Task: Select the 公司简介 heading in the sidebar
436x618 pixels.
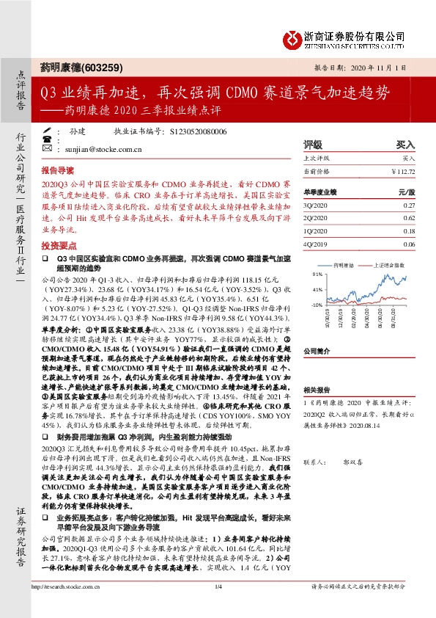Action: coord(317,351)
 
